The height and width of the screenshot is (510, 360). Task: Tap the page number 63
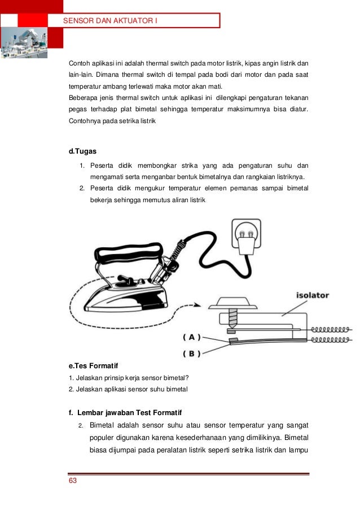72,481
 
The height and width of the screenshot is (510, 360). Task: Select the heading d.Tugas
82,151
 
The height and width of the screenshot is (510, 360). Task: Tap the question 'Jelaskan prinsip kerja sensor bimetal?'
128,378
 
